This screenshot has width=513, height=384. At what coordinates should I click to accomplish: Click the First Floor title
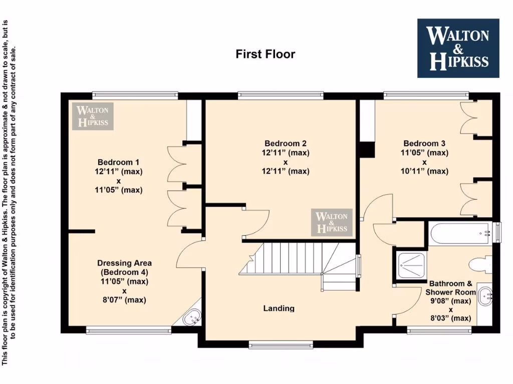265,54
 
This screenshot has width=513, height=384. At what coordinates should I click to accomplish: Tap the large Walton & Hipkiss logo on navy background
458,48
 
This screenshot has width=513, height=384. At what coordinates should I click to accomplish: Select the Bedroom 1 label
118,162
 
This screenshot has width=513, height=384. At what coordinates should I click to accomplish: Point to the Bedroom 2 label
285,143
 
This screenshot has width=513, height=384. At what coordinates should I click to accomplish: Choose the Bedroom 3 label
424,143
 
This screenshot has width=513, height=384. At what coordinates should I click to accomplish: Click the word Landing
279,308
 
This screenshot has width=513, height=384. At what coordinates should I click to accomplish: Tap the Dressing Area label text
124,263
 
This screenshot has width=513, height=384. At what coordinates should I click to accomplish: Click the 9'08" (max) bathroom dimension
450,301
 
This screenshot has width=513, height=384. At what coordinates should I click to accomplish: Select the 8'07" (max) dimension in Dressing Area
124,300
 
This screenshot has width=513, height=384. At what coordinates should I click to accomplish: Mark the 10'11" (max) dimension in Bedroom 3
424,171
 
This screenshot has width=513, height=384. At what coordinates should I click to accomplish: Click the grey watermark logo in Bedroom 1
93,116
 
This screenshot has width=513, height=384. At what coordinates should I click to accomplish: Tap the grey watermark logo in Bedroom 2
331,222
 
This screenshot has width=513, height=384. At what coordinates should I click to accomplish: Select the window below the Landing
281,344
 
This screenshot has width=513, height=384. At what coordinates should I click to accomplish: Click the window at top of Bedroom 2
281,95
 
